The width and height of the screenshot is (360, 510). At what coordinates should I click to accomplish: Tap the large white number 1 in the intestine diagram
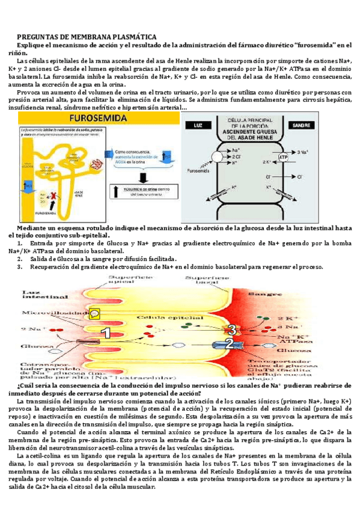coord(106,333)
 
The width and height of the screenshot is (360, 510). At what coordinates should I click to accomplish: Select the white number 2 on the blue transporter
coord(229,343)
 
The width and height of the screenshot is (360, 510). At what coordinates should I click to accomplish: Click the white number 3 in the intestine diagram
coord(231,329)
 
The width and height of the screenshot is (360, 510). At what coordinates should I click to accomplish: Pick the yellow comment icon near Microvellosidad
coord(94,313)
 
